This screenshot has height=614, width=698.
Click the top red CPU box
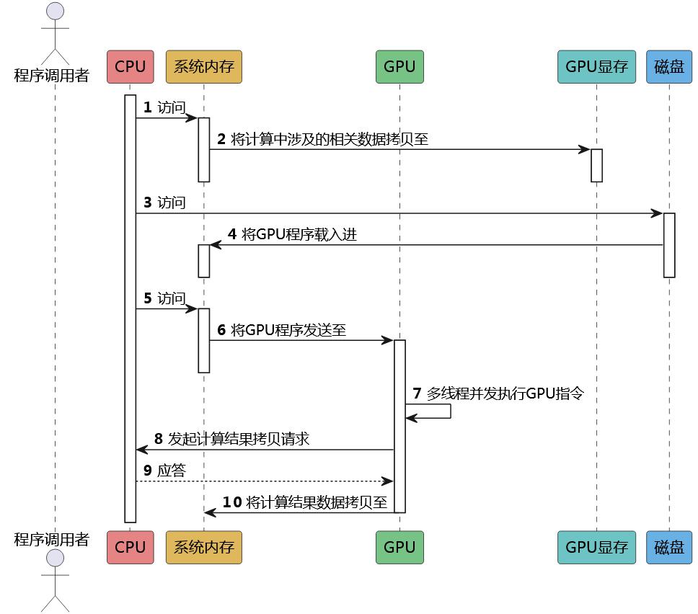130,66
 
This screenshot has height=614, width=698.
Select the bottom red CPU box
130,547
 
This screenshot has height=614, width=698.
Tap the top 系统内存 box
203,66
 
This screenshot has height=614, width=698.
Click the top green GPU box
399,66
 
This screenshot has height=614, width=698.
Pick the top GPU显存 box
596,66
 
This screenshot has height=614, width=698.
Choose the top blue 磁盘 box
669,66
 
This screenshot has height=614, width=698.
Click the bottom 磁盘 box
669,547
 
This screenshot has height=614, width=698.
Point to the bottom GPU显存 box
596,547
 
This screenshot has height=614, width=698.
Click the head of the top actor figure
55,12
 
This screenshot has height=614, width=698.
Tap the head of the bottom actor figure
55,560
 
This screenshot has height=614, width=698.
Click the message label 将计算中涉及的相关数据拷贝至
330,139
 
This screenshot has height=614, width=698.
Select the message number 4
232,234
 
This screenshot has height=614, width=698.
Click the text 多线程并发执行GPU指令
505,393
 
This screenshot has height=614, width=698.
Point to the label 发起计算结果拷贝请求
239,439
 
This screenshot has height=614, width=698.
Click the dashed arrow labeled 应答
264,481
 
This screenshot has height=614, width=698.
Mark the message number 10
231,502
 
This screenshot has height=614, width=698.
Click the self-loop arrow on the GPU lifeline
439,411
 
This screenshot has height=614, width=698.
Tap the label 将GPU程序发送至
288,330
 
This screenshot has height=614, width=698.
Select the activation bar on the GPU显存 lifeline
596,165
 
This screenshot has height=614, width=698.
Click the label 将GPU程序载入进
300,234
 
